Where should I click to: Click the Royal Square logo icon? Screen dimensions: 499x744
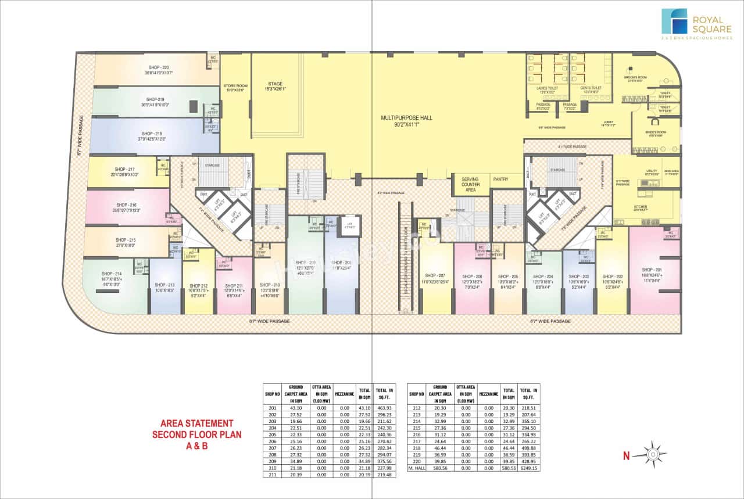[x=674, y=21]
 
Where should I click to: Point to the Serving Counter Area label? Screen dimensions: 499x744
[x=470, y=184]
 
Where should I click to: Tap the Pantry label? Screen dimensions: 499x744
[x=500, y=180]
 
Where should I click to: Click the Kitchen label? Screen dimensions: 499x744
[x=641, y=207]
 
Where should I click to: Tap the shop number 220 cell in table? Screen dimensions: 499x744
[x=416, y=461]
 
